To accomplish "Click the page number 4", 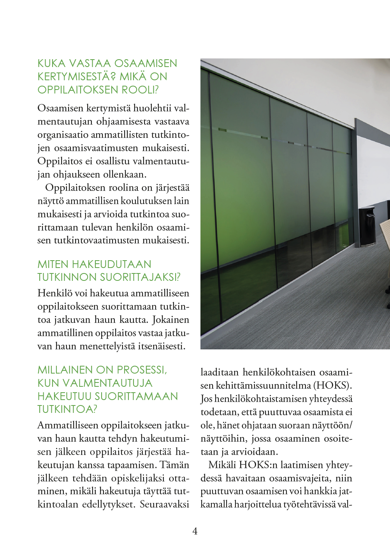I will (x=195, y=531).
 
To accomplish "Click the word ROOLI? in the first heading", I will (x=140, y=90).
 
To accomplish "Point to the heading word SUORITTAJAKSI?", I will (x=140, y=277).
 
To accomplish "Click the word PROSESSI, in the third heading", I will (x=142, y=370).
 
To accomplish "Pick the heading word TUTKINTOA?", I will (x=67, y=409).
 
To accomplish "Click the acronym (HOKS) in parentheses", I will (x=333, y=386).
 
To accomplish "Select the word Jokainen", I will (x=170, y=320).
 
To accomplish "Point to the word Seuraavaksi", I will (x=164, y=504).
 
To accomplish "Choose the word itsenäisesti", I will (x=162, y=346).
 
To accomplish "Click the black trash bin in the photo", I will (x=367, y=226).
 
